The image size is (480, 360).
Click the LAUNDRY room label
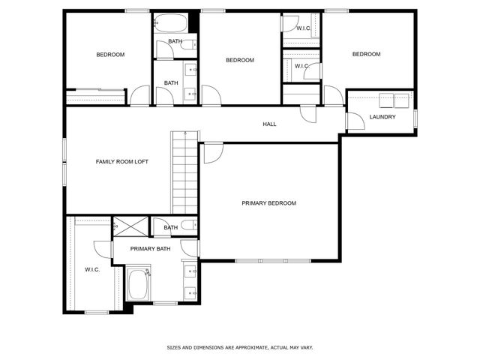tap(382, 117)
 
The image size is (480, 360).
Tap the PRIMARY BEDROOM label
tap(268, 203)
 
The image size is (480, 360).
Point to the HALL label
tap(269, 124)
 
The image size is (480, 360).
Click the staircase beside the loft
tap(184, 172)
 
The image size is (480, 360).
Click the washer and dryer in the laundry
tap(395, 100)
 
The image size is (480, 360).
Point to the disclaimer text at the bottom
tap(240, 347)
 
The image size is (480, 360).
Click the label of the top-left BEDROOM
tap(110, 55)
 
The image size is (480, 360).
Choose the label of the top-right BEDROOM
tap(367, 54)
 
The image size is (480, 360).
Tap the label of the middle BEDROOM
tap(240, 60)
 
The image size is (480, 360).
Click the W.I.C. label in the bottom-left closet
tap(92, 269)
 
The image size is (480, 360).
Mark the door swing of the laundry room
tap(356, 121)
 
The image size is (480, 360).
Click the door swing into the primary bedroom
tap(213, 151)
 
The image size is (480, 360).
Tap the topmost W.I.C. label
tap(303, 28)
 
